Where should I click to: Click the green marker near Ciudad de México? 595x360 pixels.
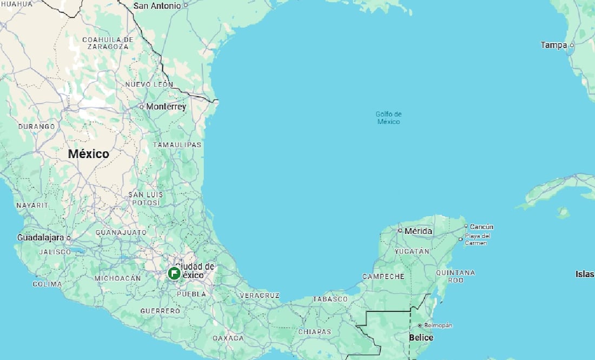174,273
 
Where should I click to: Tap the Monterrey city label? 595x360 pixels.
166,107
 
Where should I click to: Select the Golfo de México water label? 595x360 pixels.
388,118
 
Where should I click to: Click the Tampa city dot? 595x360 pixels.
572,45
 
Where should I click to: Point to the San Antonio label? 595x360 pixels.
157,6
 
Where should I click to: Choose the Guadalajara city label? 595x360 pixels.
41,237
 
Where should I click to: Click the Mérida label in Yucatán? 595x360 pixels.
419,231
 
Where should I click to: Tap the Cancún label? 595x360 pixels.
481,227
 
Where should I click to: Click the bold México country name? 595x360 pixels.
88,154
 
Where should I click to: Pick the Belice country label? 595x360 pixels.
421,338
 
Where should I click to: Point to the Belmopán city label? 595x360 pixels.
438,325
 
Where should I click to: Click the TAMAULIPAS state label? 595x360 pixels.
177,145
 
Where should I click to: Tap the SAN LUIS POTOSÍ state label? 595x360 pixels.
144,198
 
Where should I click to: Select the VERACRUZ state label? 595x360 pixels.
259,295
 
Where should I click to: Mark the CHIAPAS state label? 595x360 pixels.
314,331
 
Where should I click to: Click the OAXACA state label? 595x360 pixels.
228,338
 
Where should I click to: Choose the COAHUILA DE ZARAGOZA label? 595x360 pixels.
108,43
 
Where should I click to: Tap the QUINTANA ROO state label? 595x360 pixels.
455,277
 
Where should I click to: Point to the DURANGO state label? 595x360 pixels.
37,126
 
